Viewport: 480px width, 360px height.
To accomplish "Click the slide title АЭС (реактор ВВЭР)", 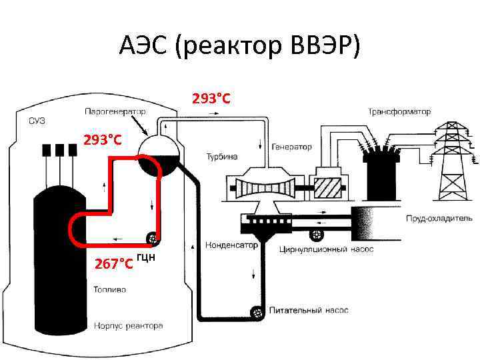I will [x=240, y=46].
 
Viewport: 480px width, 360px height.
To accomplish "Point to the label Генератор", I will [x=291, y=147].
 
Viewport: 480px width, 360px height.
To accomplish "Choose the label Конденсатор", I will [x=231, y=245].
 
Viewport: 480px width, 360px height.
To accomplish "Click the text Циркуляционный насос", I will [x=327, y=249].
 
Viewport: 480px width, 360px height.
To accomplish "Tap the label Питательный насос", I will [x=309, y=311].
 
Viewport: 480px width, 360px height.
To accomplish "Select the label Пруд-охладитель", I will [x=439, y=218].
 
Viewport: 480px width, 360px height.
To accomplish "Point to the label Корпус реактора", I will [x=128, y=326].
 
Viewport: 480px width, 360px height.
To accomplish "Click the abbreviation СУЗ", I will [x=37, y=121].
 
